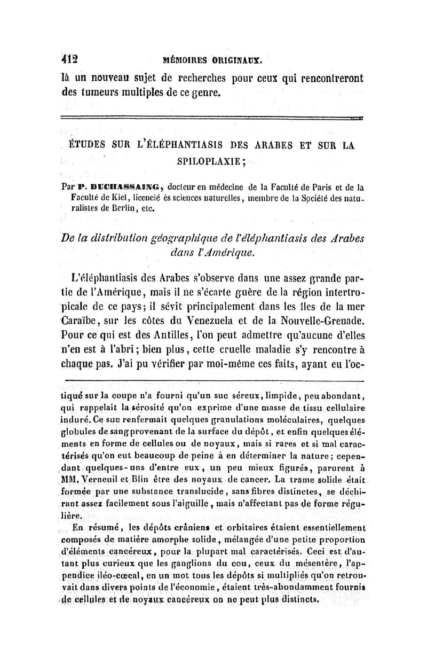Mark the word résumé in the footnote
[101, 527]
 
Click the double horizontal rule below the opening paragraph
[213, 119]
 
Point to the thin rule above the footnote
[213, 381]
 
